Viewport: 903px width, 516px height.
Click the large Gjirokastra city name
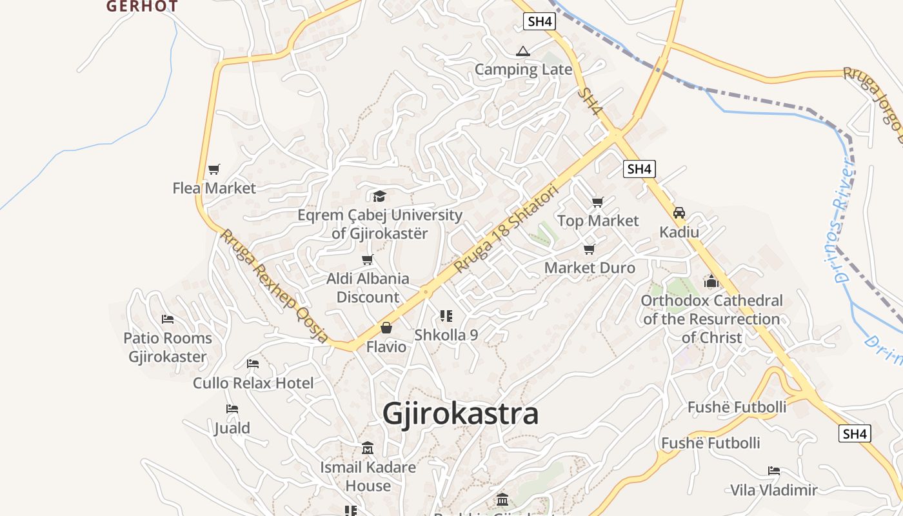click(461, 413)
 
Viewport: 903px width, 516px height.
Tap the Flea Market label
click(214, 188)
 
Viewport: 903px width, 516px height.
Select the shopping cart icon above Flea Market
click(214, 170)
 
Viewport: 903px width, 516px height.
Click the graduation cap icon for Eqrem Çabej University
click(379, 196)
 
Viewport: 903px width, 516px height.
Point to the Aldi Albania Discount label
click(368, 288)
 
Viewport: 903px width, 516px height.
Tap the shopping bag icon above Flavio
click(386, 328)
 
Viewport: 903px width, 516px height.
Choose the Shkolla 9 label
click(446, 335)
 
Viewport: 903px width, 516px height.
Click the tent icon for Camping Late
click(522, 51)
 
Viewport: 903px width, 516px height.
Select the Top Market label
click(598, 221)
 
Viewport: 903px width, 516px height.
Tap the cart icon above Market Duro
click(589, 249)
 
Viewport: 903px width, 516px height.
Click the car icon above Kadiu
click(679, 213)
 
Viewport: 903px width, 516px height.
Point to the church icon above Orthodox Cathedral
click(711, 282)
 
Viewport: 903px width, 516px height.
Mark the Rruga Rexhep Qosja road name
click(274, 286)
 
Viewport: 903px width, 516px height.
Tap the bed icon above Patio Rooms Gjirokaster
click(168, 319)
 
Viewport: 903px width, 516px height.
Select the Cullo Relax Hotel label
click(253, 383)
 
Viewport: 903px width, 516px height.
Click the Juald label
click(232, 428)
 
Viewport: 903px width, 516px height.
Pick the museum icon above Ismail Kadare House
click(368, 448)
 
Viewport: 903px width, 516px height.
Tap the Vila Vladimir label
click(774, 490)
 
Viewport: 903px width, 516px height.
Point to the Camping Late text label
click(523, 70)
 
